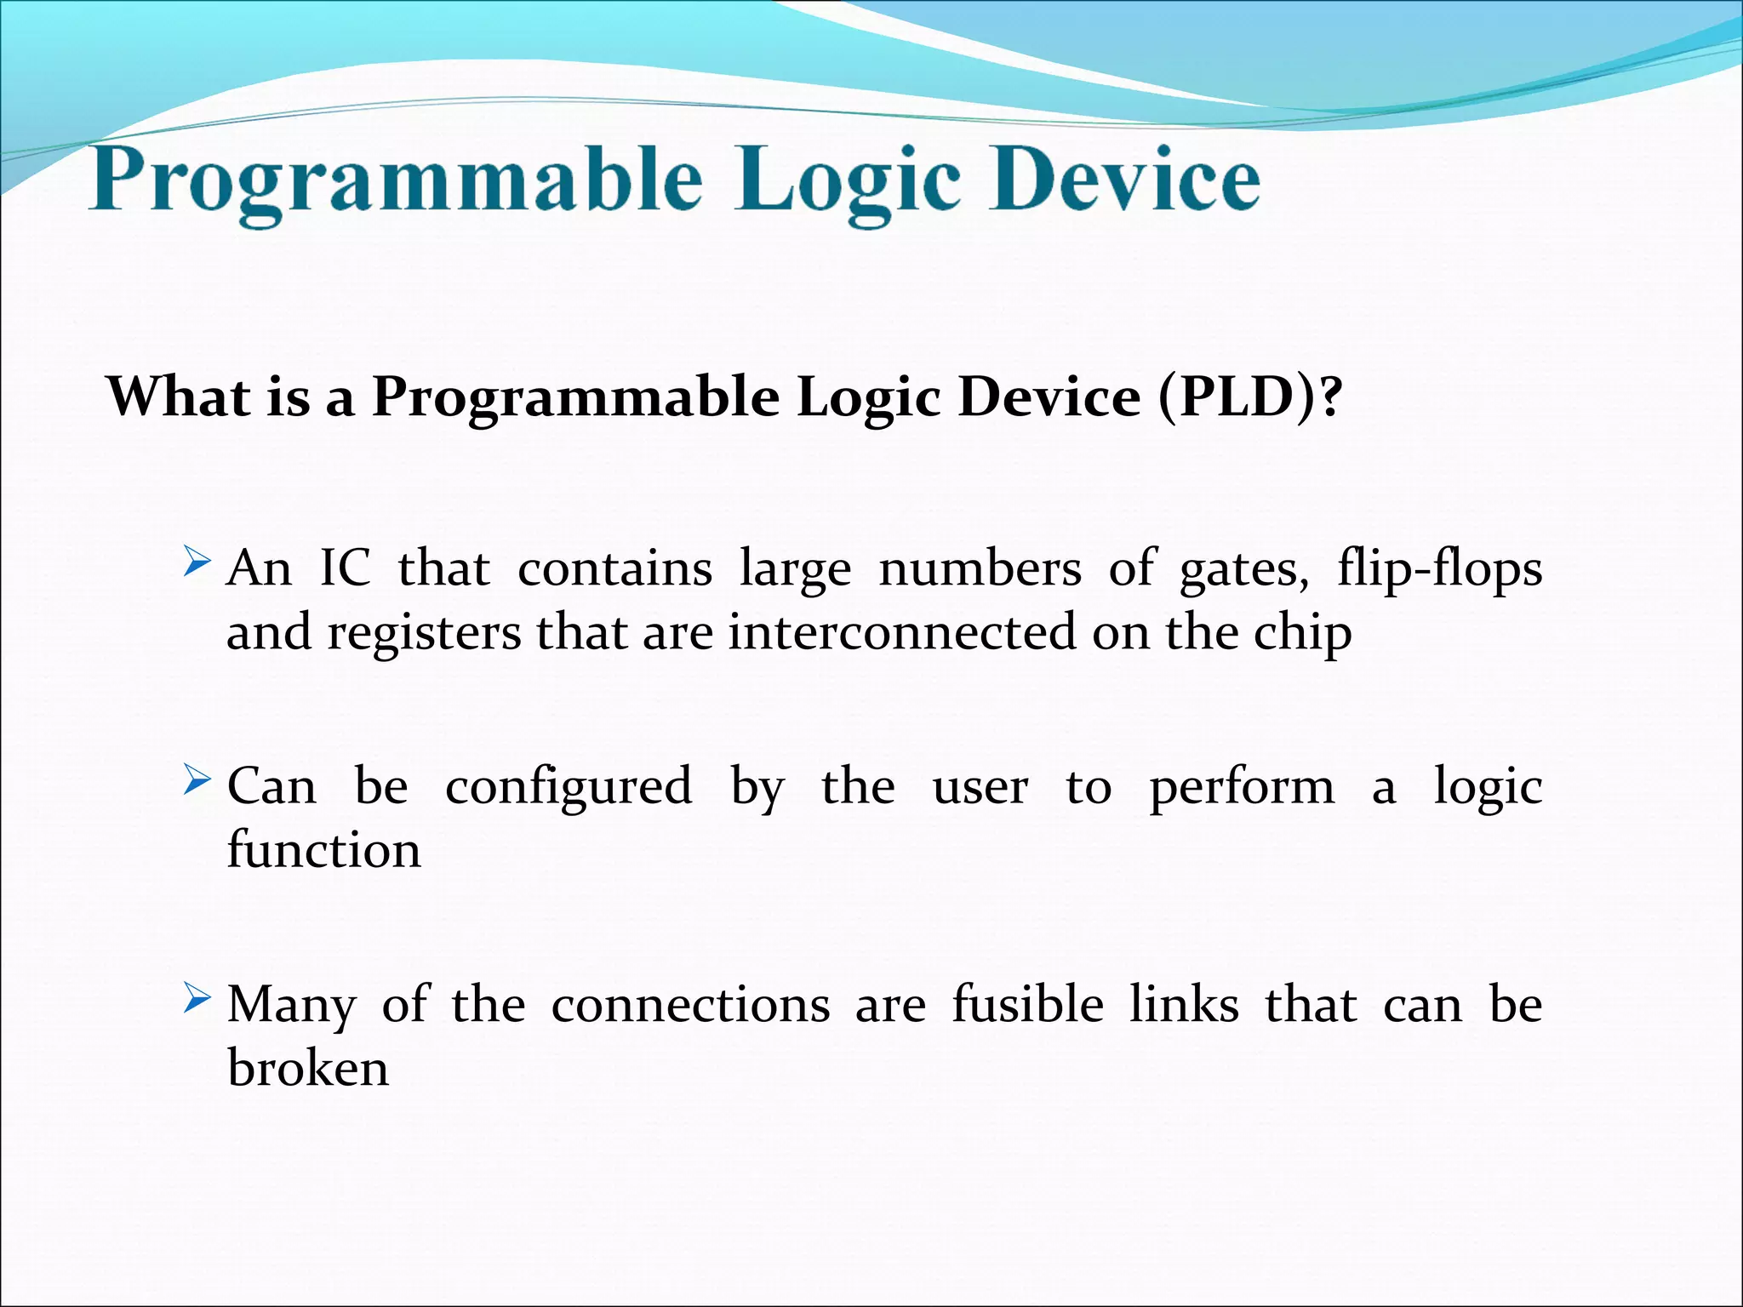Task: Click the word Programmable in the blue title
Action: pos(396,181)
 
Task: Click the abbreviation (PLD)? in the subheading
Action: pos(1249,397)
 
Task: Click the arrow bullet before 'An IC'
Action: pos(197,562)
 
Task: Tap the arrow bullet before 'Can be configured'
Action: pos(197,779)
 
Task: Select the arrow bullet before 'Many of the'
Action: pos(197,997)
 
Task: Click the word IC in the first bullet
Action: pos(345,568)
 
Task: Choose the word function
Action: pos(323,850)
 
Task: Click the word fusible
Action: pos(1027,1004)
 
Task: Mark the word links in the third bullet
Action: pos(1184,1004)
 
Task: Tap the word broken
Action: pos(308,1068)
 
